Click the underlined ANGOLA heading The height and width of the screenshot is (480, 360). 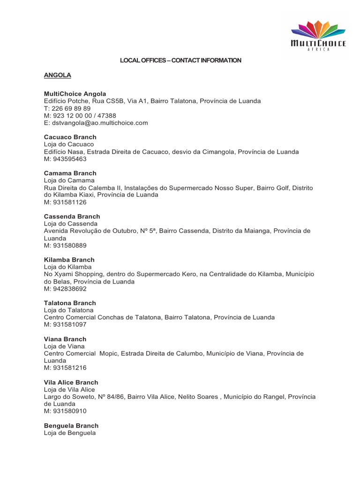tap(57, 75)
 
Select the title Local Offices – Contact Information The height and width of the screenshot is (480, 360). tap(180, 60)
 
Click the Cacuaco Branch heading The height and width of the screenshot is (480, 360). tap(70, 137)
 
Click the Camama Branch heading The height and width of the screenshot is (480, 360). tap(70, 173)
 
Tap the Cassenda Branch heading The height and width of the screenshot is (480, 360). tap(72, 217)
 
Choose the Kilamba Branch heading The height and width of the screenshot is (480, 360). tap(69, 260)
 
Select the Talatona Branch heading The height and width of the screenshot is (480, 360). tap(70, 303)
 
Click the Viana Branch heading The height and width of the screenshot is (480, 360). tap(65, 339)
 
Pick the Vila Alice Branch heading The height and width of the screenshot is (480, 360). tap(71, 382)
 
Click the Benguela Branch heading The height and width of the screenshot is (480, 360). tap(71, 426)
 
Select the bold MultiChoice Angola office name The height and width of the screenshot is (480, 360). tap(75, 94)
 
